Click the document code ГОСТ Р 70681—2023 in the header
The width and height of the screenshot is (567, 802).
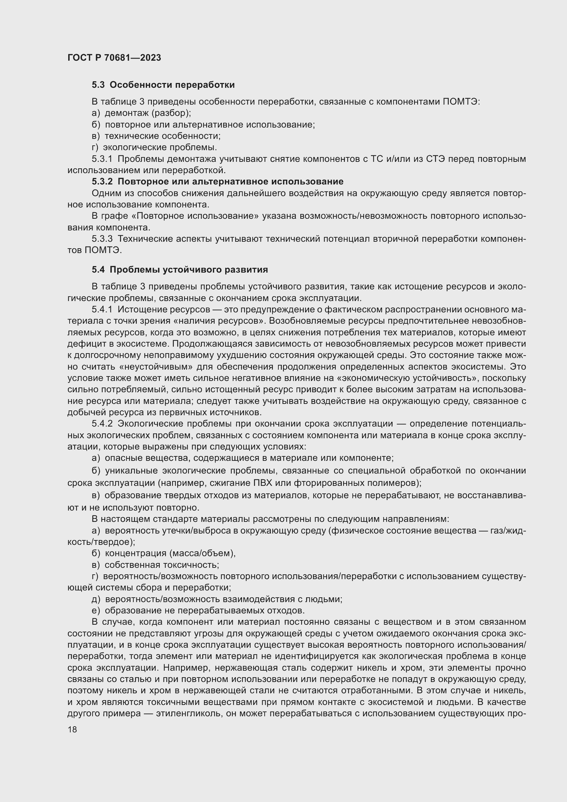114,58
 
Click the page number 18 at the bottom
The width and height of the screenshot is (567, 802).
72,730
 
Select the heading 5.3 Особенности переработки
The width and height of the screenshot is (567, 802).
163,85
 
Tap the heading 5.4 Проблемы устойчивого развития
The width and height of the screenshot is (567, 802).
180,270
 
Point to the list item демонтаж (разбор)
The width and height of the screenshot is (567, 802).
148,113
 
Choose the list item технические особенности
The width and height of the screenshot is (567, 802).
162,136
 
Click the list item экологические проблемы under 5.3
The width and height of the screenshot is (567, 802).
160,147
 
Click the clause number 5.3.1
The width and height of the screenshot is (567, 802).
102,159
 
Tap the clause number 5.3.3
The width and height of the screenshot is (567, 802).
102,239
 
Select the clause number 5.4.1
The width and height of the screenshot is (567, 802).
102,310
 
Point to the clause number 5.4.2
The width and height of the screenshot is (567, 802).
102,424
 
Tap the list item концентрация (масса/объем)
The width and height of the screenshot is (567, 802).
170,553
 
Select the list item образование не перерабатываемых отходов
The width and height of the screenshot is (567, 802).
205,611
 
